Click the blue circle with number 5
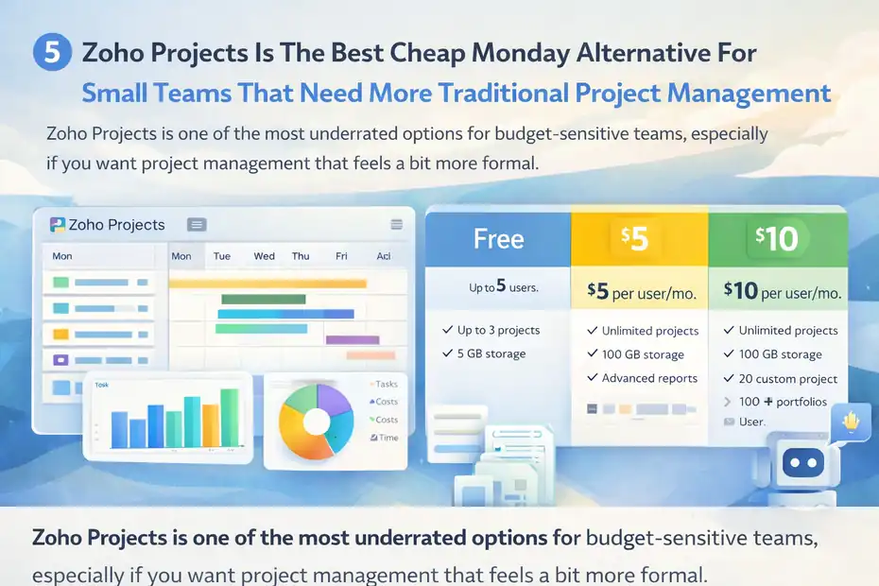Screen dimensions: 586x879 (53, 53)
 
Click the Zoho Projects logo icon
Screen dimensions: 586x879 (57, 224)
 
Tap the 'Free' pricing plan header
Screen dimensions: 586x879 (498, 239)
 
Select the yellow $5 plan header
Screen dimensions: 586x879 (638, 239)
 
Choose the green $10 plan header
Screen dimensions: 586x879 (777, 239)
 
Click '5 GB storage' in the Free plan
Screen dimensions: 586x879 (491, 353)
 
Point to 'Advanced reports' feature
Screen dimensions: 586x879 (649, 378)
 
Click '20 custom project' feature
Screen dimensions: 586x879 (787, 378)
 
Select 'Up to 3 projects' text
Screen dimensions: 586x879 (498, 330)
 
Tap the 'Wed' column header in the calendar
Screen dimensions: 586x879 (265, 256)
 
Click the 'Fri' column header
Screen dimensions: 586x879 (341, 256)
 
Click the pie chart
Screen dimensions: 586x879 (316, 422)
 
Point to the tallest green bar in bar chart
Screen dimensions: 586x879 (229, 417)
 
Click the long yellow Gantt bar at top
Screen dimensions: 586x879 (267, 283)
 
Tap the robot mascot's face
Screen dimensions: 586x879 (800, 464)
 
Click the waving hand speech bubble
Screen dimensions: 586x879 (853, 422)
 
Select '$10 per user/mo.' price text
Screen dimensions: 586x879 (782, 292)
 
